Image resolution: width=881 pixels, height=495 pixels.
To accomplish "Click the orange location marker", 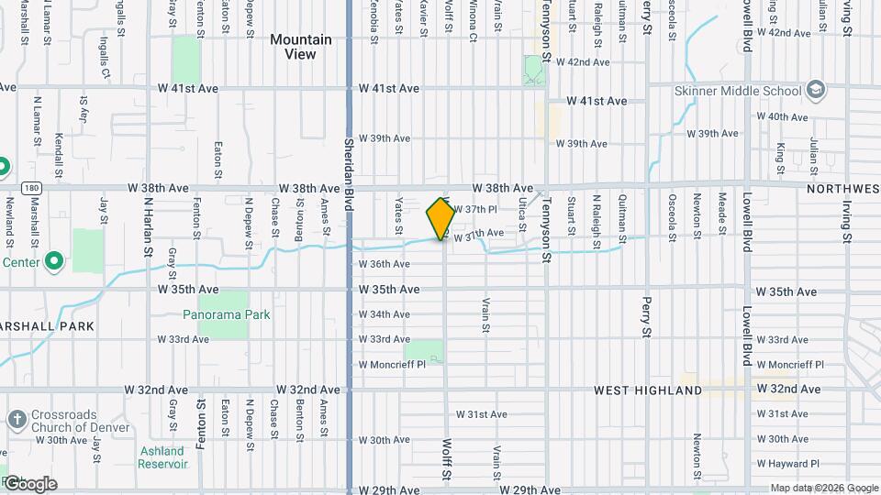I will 441,218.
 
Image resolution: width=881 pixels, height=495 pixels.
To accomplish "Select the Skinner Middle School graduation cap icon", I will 815,90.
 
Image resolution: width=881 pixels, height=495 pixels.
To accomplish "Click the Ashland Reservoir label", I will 162,456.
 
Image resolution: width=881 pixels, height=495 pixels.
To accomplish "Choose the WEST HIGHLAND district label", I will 648,390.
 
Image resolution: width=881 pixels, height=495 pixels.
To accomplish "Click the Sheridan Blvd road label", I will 350,166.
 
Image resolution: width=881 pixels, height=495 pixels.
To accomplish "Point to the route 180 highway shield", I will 33,188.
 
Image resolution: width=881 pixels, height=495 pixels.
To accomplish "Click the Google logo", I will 30,483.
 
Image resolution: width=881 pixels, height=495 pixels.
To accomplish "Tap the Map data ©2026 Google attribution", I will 822,488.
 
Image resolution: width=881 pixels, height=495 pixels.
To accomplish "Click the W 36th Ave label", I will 384,264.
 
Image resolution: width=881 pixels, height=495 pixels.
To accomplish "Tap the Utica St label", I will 521,214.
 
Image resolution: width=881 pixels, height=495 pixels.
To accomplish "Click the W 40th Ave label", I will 783,117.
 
